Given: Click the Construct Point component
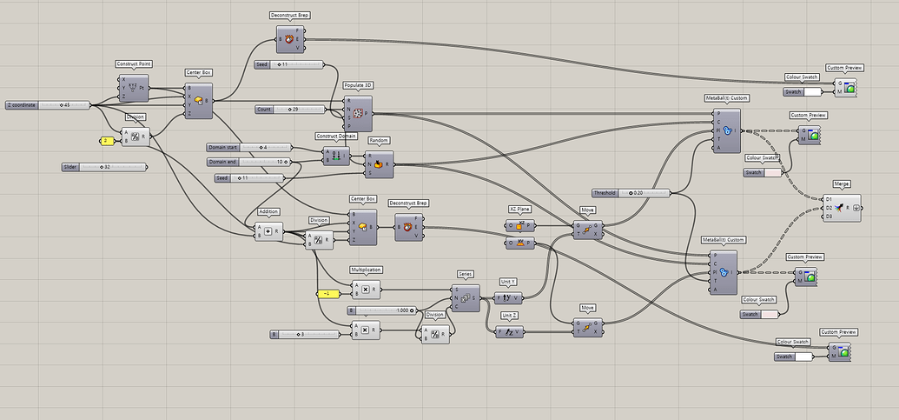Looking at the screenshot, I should tap(134, 88).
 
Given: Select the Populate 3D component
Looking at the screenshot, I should tap(358, 113).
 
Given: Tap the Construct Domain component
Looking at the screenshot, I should tap(336, 157).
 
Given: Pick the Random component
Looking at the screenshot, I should tap(379, 162).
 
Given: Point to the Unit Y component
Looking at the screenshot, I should tap(509, 297).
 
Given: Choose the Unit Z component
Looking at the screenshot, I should tap(509, 330).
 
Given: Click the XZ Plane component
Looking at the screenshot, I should tap(520, 225).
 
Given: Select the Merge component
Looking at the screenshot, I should tap(842, 208).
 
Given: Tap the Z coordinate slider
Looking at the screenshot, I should tap(48, 105).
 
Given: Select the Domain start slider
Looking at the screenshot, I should tap(248, 147).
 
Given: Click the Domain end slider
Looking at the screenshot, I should tap(248, 162).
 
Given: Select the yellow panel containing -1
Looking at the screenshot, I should tap(327, 293).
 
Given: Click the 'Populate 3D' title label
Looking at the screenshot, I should tap(359, 84).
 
